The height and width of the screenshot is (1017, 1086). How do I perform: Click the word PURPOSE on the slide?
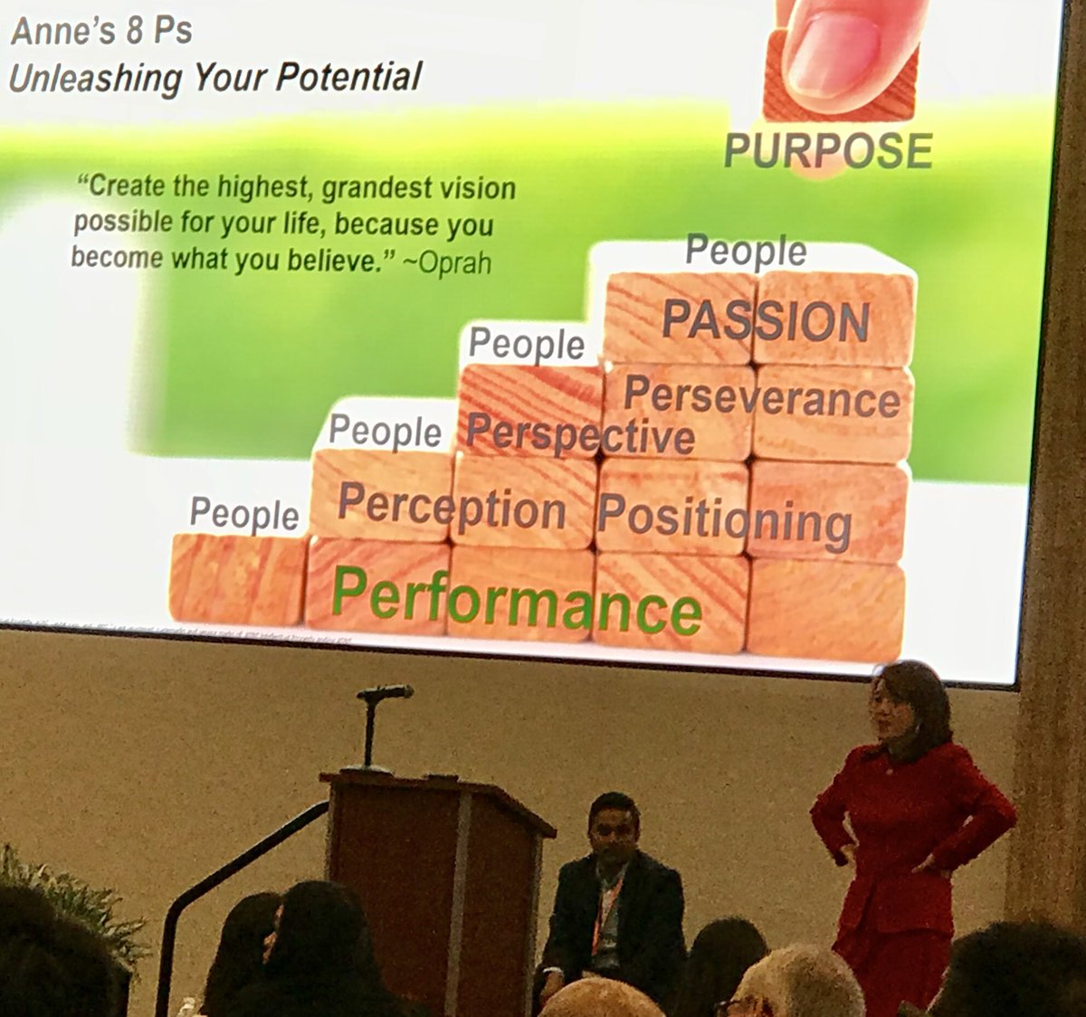pyautogui.click(x=828, y=150)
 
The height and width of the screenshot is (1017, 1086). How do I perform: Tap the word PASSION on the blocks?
pyautogui.click(x=765, y=321)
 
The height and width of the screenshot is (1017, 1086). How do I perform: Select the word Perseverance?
pyautogui.click(x=761, y=398)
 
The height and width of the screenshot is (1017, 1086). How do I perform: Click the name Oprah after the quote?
pyautogui.click(x=454, y=263)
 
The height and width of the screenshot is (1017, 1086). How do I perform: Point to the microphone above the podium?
pyautogui.click(x=386, y=694)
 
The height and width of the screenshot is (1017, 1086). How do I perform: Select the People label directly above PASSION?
pyautogui.click(x=746, y=252)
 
